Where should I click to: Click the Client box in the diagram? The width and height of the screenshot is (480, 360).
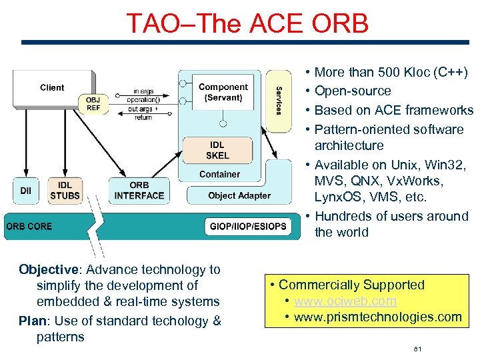tap(52, 88)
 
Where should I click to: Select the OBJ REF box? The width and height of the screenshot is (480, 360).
tap(93, 104)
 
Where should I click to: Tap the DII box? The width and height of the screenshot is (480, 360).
tap(25, 190)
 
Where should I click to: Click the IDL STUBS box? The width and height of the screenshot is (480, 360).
tap(65, 190)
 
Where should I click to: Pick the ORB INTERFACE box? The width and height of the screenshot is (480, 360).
tap(139, 190)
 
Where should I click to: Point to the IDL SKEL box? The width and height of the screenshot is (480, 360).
tap(217, 150)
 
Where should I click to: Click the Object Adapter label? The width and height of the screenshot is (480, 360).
tap(239, 195)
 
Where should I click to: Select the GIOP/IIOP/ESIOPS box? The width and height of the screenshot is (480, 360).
tap(247, 226)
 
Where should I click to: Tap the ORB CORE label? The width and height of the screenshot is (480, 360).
tap(29, 226)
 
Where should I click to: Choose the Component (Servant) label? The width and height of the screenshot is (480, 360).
tap(223, 92)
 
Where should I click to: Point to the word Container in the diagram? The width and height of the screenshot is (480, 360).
tap(219, 175)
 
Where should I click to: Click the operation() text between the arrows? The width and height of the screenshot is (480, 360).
tap(143, 100)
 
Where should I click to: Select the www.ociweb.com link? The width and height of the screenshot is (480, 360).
tap(345, 301)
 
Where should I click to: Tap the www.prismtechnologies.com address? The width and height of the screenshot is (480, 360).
tap(377, 317)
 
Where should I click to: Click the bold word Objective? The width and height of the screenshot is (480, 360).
tap(49, 269)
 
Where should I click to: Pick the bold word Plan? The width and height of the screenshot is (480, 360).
tap(32, 321)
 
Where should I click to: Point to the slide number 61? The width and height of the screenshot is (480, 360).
tap(419, 348)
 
